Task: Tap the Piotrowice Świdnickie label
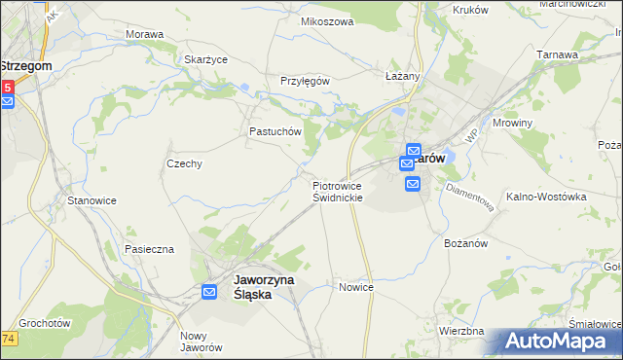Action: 338,191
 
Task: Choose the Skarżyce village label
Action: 205,59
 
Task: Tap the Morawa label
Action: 144,34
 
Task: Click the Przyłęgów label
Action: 306,81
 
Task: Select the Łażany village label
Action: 401,76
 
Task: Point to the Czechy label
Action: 184,163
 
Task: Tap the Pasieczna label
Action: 149,249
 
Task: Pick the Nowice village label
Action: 356,287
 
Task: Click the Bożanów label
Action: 464,242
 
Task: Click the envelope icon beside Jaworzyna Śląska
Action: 210,291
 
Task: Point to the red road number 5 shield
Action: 7,88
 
